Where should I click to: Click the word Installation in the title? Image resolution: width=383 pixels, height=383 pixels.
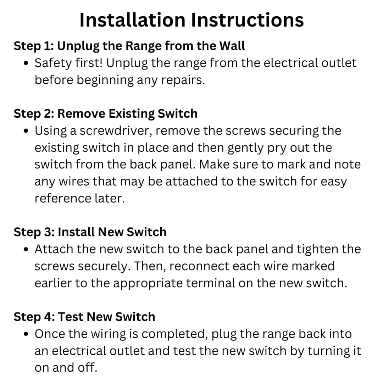click(x=132, y=20)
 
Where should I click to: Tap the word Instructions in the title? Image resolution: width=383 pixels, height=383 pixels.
click(x=248, y=20)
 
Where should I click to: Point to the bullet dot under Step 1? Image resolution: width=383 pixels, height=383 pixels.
click(x=26, y=63)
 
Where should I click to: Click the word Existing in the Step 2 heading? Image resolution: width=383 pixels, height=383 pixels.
click(x=131, y=113)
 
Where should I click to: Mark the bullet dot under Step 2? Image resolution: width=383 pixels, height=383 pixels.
click(x=26, y=131)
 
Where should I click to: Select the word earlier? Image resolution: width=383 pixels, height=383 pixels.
click(x=53, y=283)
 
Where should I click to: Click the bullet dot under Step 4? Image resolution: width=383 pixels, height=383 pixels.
click(x=26, y=334)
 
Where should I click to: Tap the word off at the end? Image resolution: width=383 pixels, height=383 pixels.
click(x=87, y=368)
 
